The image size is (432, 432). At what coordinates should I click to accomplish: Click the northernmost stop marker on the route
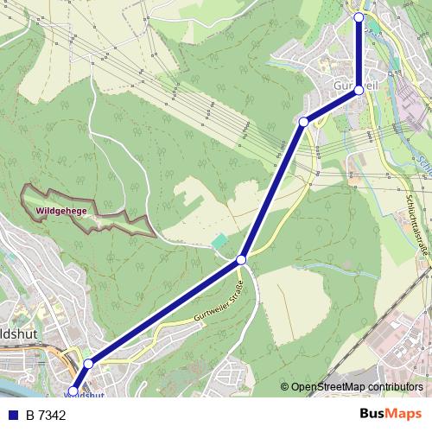click(x=359, y=16)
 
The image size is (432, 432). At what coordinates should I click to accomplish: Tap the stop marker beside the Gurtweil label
click(x=359, y=90)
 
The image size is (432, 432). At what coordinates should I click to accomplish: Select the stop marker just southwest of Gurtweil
click(x=303, y=123)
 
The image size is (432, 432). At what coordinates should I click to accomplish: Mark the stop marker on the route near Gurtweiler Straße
click(x=242, y=259)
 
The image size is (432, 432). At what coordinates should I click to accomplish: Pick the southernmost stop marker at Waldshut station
click(x=73, y=392)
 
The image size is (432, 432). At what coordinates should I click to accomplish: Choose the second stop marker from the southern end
click(x=88, y=365)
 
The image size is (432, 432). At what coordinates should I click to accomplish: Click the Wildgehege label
click(x=62, y=210)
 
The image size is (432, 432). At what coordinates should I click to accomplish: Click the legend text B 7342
click(x=46, y=416)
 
